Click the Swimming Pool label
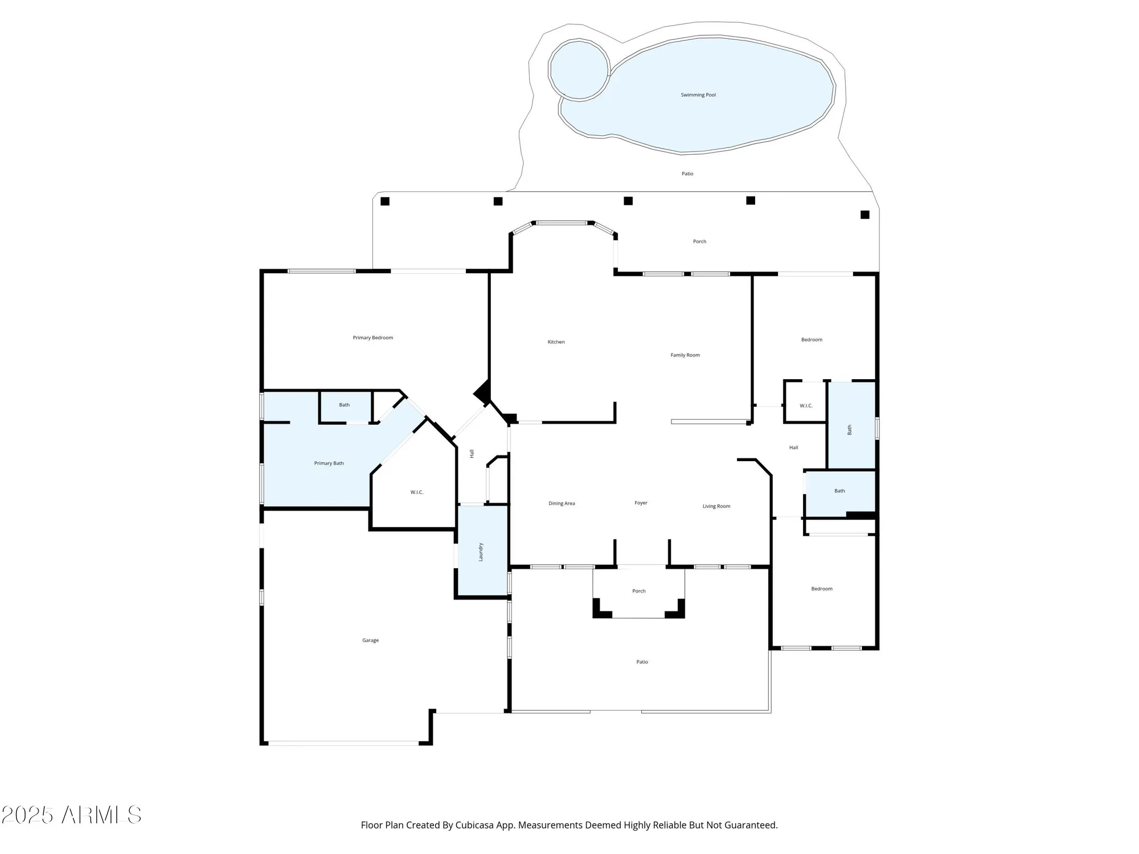pos(698,95)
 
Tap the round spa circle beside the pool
pos(579,69)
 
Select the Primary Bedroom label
pos(372,338)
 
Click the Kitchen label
pos(556,342)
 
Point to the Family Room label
pos(685,355)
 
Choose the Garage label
pos(370,640)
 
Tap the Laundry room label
pos(481,552)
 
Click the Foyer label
pos(641,503)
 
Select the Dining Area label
pos(562,503)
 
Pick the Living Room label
pos(716,506)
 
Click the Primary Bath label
pos(329,463)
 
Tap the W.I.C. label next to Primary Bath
pos(417,492)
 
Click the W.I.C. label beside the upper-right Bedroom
pos(806,406)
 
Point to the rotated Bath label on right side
pos(850,430)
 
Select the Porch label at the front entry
pos(638,591)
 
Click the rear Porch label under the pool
pos(699,241)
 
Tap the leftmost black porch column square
pos(385,201)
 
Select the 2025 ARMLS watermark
pos(71,815)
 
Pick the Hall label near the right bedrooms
pos(793,447)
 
